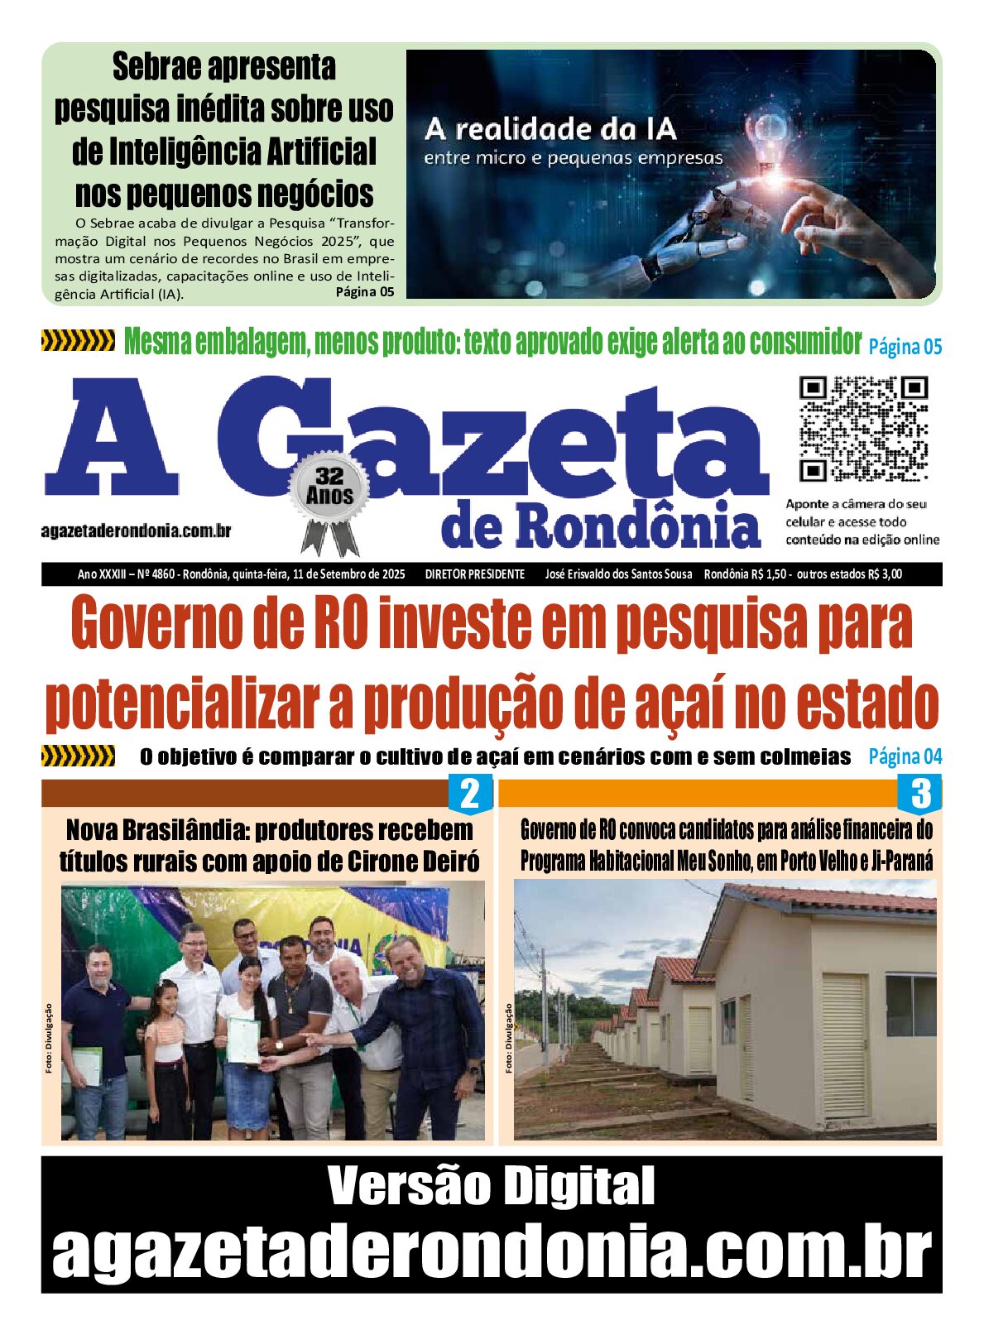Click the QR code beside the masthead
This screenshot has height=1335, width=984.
point(863,429)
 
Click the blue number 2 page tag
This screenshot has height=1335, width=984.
point(469,794)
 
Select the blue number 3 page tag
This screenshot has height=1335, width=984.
point(919,794)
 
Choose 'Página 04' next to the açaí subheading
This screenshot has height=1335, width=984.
point(905,756)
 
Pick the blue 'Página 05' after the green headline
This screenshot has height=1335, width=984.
point(905,347)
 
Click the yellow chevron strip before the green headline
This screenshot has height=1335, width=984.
point(78,340)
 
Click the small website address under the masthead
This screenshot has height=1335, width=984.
point(136,531)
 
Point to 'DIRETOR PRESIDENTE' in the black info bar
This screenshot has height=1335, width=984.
point(475,574)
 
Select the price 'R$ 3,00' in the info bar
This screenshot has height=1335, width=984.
point(885,574)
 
